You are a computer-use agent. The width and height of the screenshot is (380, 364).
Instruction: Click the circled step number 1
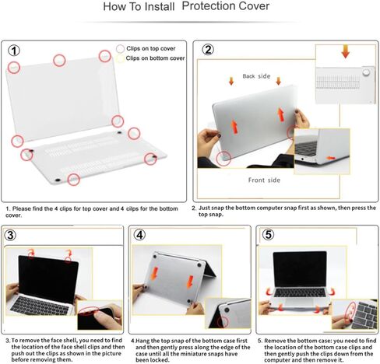14,51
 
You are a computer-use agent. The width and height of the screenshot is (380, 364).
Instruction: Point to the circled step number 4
139,236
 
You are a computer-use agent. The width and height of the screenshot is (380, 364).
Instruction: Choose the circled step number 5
269,236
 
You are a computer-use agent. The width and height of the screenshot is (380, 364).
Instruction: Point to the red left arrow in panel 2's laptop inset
331,157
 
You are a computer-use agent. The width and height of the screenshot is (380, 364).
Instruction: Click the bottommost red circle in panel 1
73,180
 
